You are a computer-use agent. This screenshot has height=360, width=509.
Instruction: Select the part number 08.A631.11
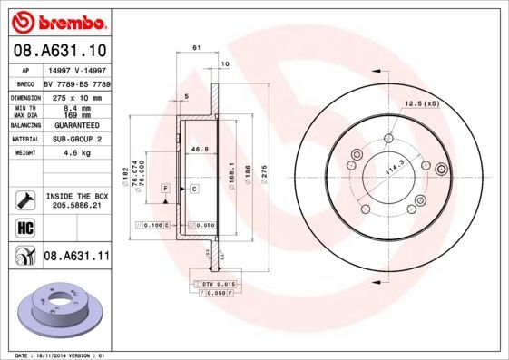point(76,257)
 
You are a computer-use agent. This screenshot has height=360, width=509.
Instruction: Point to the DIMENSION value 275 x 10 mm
point(74,96)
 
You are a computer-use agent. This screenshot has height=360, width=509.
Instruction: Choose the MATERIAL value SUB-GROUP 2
point(74,139)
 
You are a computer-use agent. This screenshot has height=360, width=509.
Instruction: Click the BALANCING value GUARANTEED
point(74,124)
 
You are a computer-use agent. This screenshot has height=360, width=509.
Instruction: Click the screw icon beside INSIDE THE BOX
point(24,198)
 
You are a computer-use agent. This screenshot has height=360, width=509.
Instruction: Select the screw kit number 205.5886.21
point(76,206)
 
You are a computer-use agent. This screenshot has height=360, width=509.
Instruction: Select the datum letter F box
point(166,188)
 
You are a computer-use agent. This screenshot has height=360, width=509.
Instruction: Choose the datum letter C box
point(194,188)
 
